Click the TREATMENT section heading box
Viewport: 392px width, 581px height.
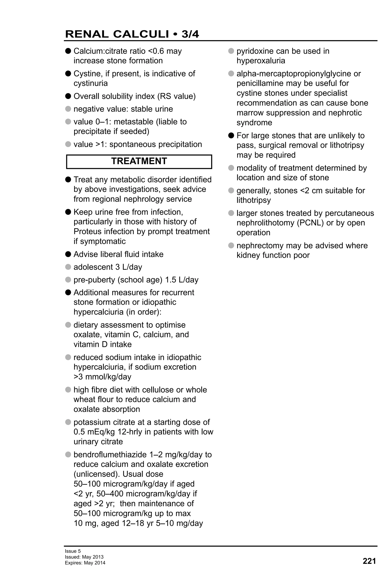pos(139,161)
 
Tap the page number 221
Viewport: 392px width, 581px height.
pos(369,561)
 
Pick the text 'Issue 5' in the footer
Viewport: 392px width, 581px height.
pos(73,551)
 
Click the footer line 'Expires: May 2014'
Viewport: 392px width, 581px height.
pos(85,563)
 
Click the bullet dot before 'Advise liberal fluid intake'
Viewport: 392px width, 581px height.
pos(68,254)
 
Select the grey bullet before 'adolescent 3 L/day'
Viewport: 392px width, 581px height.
pos(68,267)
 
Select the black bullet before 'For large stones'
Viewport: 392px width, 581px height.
pos(231,136)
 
